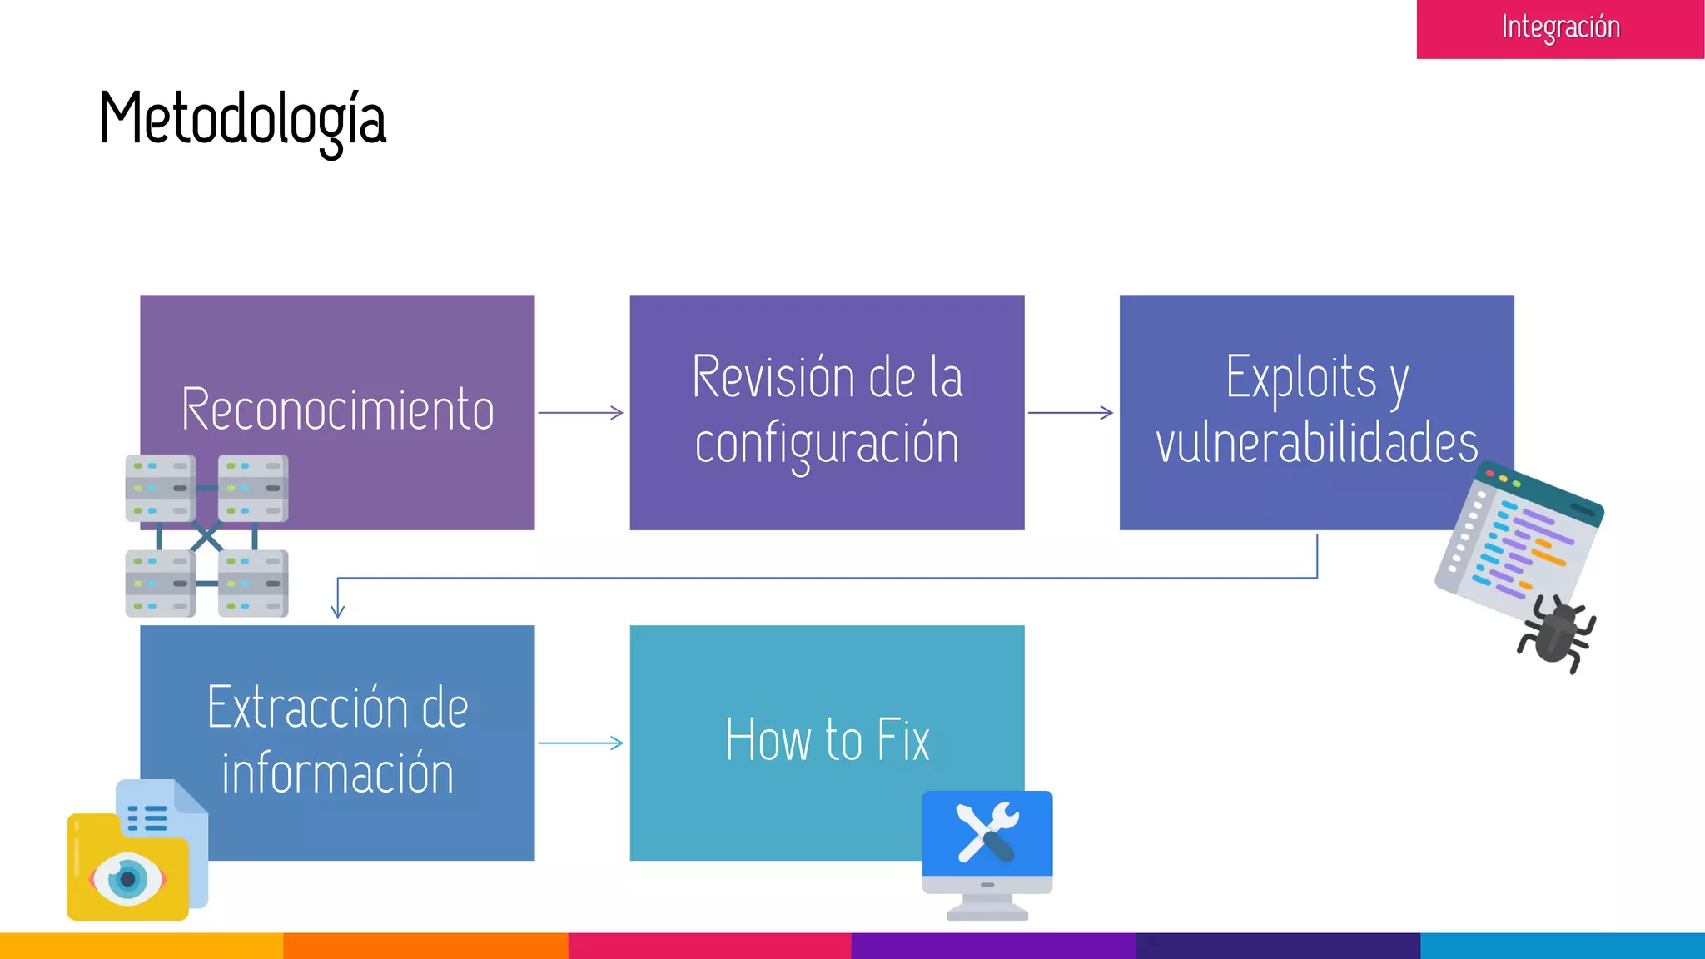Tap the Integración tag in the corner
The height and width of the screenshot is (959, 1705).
pyautogui.click(x=1560, y=28)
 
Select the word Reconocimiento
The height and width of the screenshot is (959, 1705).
pyautogui.click(x=337, y=410)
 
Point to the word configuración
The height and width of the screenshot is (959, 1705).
pyautogui.click(x=827, y=444)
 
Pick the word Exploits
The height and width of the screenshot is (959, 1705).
pyautogui.click(x=1300, y=378)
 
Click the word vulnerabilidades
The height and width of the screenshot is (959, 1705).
pyautogui.click(x=1316, y=443)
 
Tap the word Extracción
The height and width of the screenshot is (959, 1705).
pyautogui.click(x=306, y=708)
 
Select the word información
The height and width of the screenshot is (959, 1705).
pyautogui.click(x=337, y=773)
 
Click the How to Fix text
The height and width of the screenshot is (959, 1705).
pyautogui.click(x=827, y=740)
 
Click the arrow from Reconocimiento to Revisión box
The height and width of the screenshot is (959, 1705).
pyautogui.click(x=580, y=413)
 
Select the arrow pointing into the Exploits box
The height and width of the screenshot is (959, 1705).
pyautogui.click(x=1070, y=413)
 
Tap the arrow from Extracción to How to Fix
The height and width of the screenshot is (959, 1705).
pyautogui.click(x=580, y=743)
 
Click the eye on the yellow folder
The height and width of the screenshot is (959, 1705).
pyautogui.click(x=127, y=879)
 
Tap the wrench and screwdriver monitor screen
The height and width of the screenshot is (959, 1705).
pyautogui.click(x=987, y=832)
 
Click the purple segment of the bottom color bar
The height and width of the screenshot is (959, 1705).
pyautogui.click(x=993, y=946)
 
